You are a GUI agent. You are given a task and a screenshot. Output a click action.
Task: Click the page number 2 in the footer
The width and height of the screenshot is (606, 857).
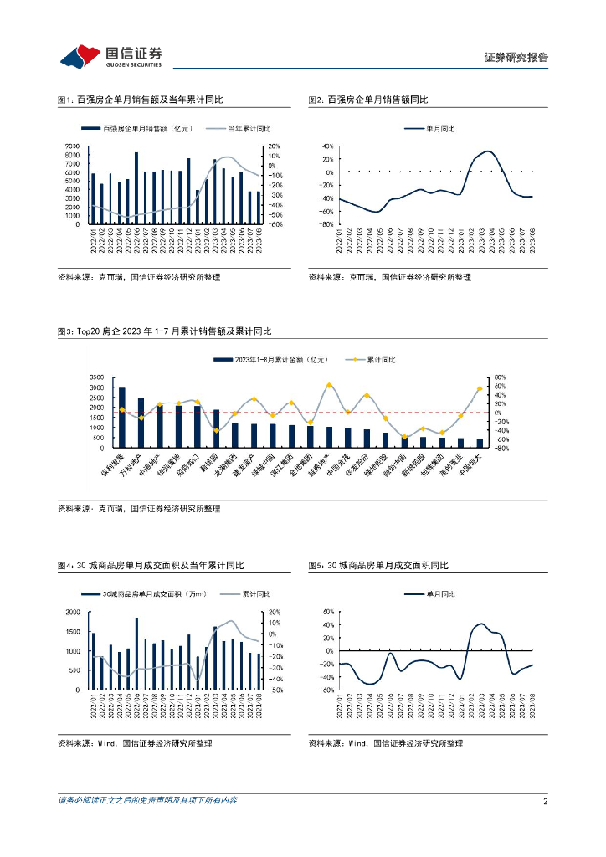(545, 801)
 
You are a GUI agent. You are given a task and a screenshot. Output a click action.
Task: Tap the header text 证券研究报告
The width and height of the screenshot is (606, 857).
(516, 58)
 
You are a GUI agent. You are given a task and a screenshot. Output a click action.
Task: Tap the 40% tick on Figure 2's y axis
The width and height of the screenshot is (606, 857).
(328, 146)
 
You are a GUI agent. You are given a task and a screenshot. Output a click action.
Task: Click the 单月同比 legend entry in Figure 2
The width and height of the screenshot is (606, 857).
(437, 129)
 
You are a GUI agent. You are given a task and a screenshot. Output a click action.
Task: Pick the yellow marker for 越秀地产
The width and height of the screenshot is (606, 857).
(329, 386)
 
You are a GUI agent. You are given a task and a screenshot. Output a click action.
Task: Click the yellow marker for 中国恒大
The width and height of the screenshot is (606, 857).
(480, 389)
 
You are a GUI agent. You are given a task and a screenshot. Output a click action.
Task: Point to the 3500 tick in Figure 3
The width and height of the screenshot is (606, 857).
(95, 377)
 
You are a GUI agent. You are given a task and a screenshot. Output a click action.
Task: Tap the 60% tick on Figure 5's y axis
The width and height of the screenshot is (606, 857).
(328, 613)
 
